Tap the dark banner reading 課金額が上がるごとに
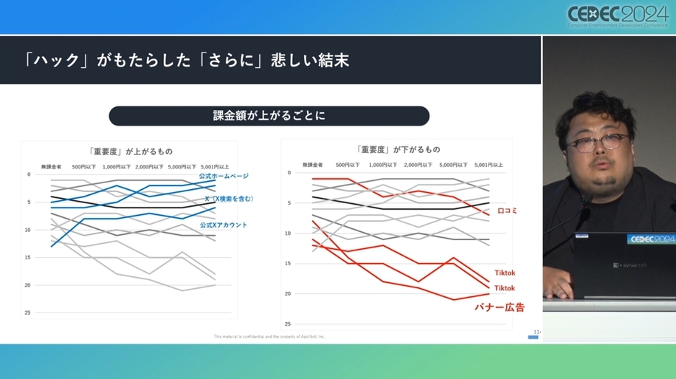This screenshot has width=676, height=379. (269, 116)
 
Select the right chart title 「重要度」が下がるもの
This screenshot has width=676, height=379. (397, 150)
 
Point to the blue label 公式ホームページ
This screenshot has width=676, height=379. (224, 176)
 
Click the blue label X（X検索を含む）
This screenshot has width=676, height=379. (229, 199)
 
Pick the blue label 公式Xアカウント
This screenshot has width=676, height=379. (223, 225)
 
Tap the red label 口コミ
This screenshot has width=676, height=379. (507, 211)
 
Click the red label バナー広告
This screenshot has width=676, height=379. (500, 305)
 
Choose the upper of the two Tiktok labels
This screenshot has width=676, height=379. (504, 273)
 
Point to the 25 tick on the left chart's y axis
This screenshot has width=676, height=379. (28, 313)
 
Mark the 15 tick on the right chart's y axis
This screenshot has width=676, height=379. (288, 264)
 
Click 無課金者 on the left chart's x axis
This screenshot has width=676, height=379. (52, 166)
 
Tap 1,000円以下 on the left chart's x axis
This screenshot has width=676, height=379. (117, 166)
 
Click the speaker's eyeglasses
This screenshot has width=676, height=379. (596, 142)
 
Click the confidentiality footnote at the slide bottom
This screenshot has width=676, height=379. (269, 336)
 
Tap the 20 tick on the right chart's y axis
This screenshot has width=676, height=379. (288, 294)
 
